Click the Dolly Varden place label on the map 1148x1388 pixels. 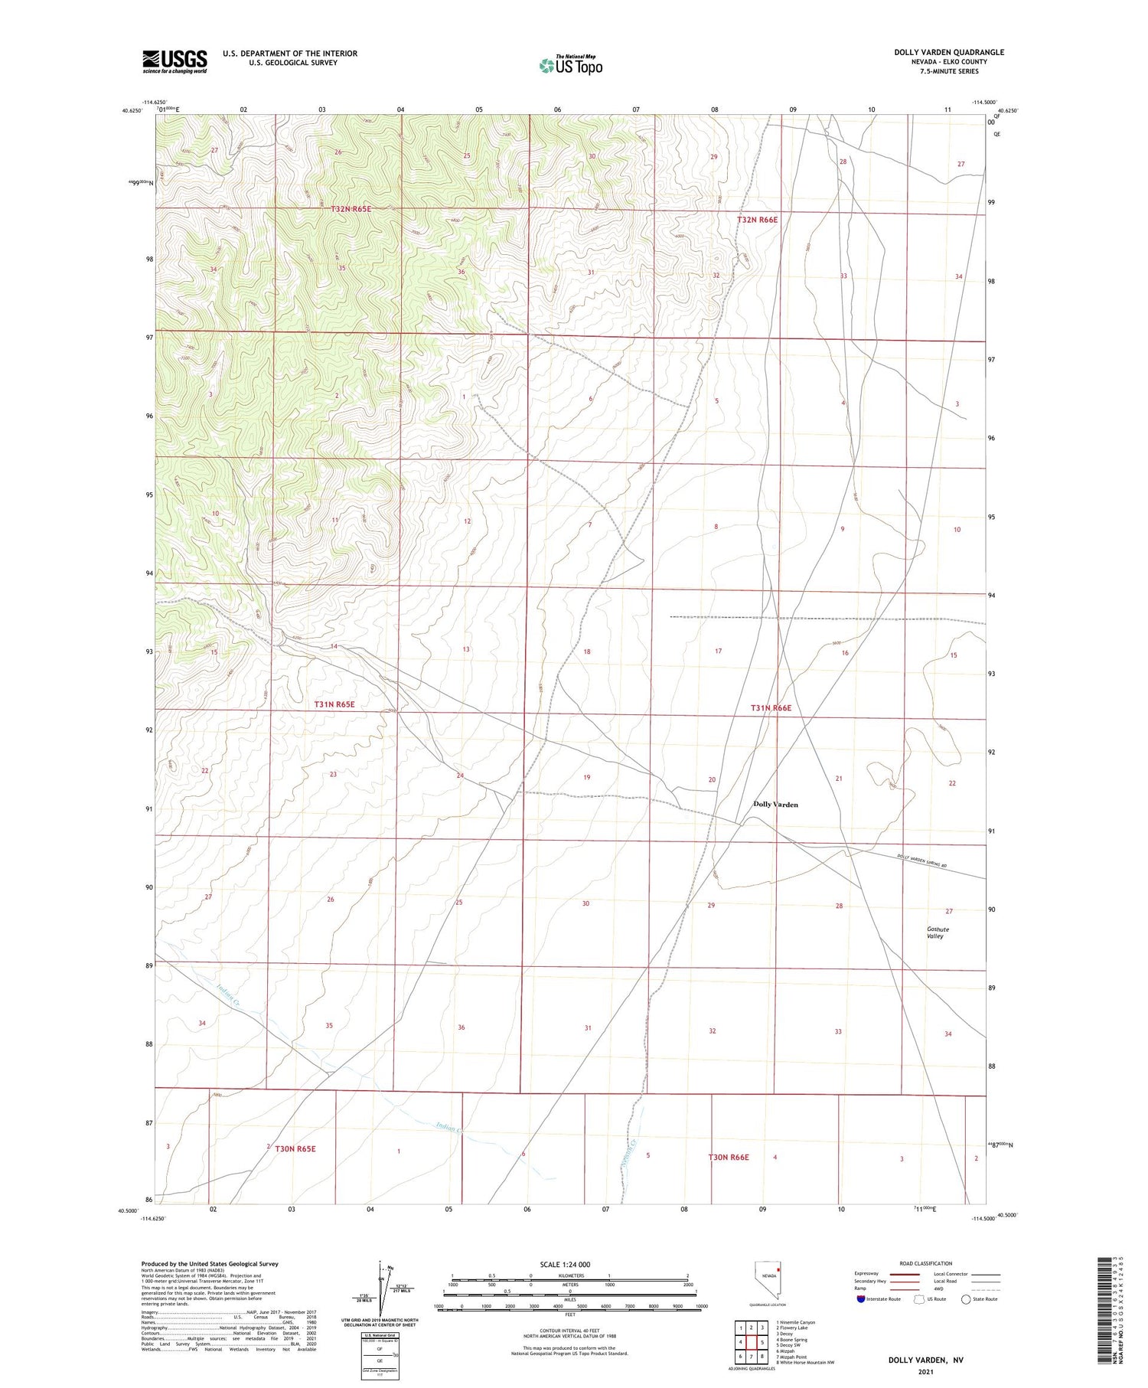coord(775,805)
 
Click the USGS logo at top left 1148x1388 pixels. coord(174,61)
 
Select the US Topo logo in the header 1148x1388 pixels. coord(571,65)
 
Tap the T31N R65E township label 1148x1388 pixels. coord(334,704)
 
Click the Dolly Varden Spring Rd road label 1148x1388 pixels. coord(921,861)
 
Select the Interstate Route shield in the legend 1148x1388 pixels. coord(862,1299)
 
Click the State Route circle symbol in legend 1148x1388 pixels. coord(966,1299)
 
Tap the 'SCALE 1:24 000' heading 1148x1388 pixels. coord(565,1265)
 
